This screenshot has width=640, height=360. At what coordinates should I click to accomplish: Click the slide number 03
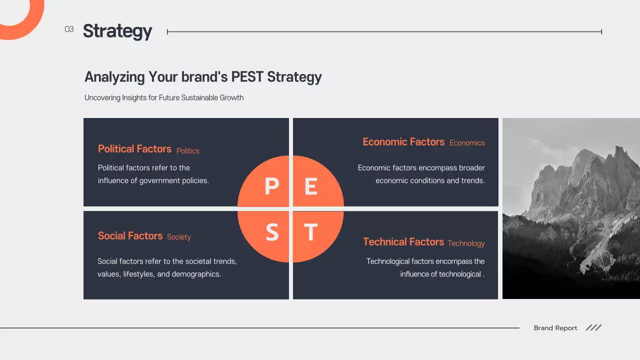[x=69, y=29]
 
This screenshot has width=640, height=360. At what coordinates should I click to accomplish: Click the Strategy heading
[x=117, y=31]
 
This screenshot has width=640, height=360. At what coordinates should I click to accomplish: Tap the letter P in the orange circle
[x=271, y=186]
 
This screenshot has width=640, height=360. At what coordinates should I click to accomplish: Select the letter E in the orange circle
[x=311, y=186]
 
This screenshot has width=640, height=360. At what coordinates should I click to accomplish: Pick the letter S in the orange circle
[x=271, y=232]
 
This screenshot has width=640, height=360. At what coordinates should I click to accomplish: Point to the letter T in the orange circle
[x=311, y=232]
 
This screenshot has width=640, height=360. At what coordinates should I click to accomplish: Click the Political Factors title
[x=134, y=149]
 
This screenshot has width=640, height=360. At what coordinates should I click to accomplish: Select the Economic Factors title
[x=403, y=142]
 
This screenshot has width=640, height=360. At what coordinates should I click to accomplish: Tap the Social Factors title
[x=130, y=236]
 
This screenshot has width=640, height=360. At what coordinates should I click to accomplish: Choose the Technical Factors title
[x=403, y=242]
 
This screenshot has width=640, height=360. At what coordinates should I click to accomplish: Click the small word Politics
[x=188, y=151]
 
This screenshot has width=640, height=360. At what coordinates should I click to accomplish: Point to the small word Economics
[x=467, y=143]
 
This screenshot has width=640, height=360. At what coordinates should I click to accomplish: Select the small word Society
[x=179, y=237]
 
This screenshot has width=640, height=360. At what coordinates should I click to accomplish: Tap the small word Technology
[x=466, y=243]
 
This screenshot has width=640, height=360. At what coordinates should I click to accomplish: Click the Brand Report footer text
[x=555, y=328]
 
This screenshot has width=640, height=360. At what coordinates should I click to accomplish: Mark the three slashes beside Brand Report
[x=593, y=327]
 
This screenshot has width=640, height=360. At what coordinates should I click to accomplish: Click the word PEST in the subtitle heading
[x=247, y=77]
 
